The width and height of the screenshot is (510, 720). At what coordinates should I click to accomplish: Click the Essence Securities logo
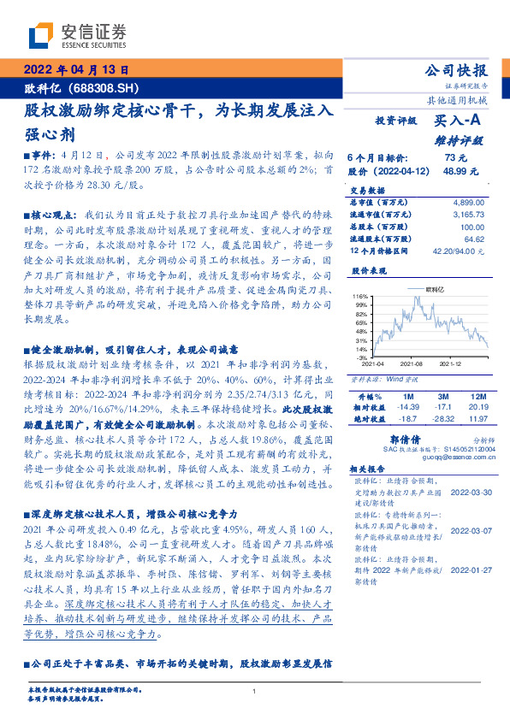point(77,36)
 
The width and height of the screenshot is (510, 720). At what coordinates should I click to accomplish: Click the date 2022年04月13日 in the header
point(77,70)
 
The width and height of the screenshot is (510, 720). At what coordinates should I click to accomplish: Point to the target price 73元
point(455,157)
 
